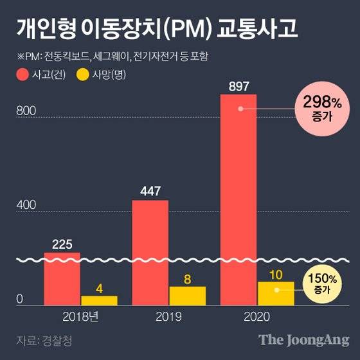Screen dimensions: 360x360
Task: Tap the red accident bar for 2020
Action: [x=239, y=199]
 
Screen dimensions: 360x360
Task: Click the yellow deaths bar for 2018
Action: [x=99, y=300]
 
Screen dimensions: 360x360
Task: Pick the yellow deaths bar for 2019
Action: [x=187, y=295]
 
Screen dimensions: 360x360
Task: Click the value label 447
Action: [x=150, y=191]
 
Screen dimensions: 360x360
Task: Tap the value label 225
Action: [x=62, y=243]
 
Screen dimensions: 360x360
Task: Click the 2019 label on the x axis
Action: [x=168, y=316]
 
